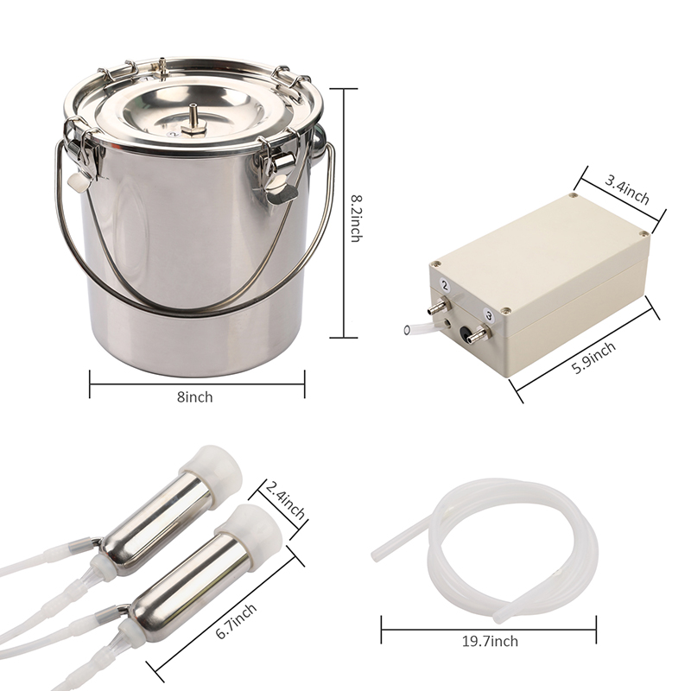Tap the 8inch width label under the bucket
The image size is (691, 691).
[x=195, y=397]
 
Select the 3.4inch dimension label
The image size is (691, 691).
[x=626, y=190]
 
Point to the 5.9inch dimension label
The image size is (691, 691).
[x=593, y=358]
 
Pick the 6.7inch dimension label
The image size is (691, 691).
[x=236, y=621]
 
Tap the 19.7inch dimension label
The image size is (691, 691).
[x=490, y=641]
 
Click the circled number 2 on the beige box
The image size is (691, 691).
[x=445, y=286]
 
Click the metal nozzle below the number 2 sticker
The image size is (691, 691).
[x=437, y=306]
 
